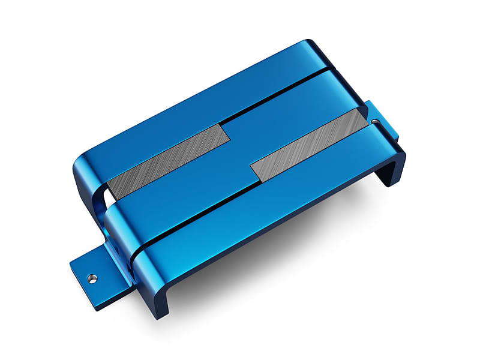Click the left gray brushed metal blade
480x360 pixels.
[x=168, y=163]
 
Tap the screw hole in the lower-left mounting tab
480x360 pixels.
[x=91, y=277]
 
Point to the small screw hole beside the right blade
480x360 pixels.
[x=375, y=121]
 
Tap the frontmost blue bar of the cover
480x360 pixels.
[x=270, y=198]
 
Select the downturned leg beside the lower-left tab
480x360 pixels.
[x=150, y=288]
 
